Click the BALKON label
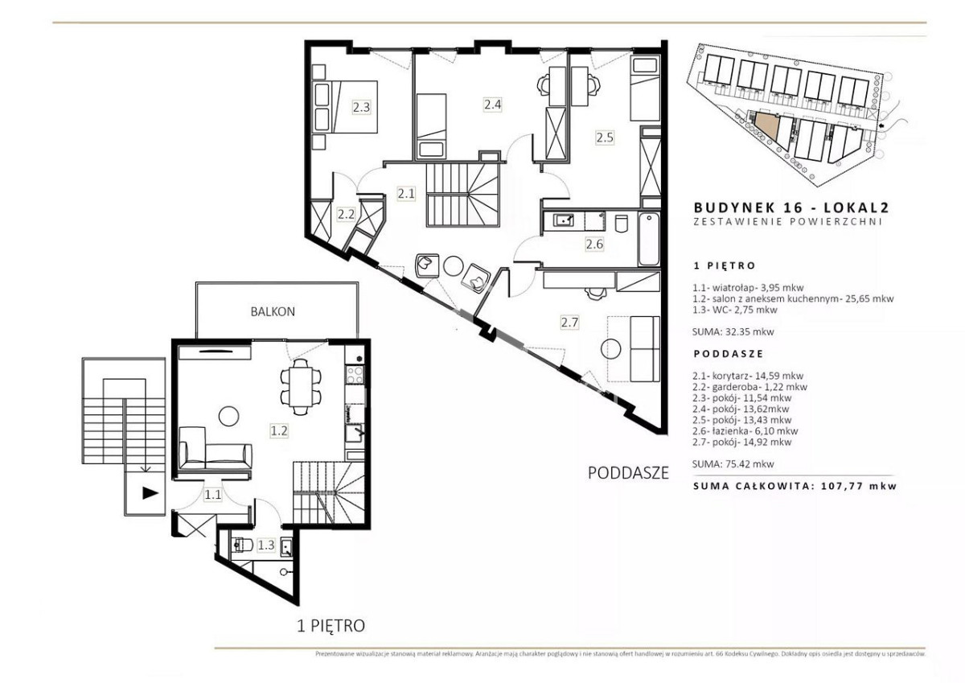tap(273, 311)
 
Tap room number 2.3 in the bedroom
tap(361, 107)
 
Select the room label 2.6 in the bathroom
tap(594, 245)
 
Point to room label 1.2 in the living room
tap(279, 430)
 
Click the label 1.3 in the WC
tap(266, 545)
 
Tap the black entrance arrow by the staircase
tap(150, 493)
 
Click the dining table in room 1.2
tap(301, 387)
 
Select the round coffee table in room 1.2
tap(228, 416)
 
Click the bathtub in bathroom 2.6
tap(649, 239)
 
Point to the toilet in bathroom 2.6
tap(621, 223)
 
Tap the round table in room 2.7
tap(611, 348)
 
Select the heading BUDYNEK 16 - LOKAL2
tap(791, 208)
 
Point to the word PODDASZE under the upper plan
tap(629, 473)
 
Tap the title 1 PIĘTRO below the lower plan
tap(331, 626)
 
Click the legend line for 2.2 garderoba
tap(749, 387)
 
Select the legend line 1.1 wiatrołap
tap(748, 287)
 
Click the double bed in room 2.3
tap(345, 106)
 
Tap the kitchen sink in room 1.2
tap(354, 433)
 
